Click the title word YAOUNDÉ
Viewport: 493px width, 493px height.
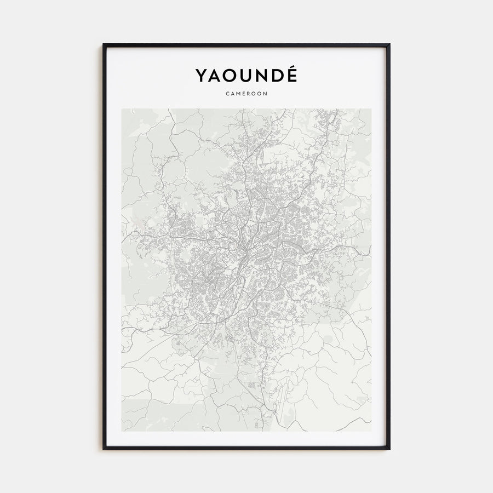pyautogui.click(x=246, y=76)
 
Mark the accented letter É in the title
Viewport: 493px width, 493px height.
pyautogui.click(x=291, y=77)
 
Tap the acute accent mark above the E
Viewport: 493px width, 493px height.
pyautogui.click(x=292, y=67)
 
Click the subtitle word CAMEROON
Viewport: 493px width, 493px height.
pyautogui.click(x=246, y=94)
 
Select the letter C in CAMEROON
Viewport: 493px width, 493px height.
pyautogui.click(x=227, y=94)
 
